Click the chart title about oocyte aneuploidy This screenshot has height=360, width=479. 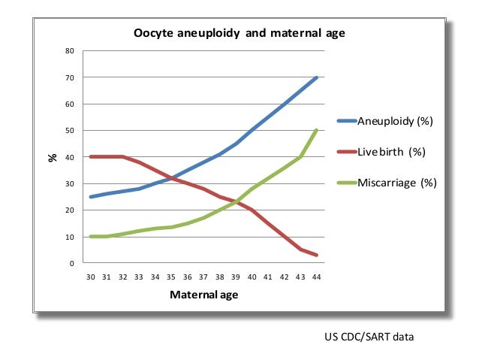tap(239, 33)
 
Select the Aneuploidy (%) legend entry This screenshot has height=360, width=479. tap(395, 121)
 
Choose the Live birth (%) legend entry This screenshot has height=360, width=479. tap(391, 152)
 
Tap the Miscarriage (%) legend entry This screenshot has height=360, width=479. tap(396, 183)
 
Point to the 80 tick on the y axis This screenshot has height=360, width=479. tap(69, 51)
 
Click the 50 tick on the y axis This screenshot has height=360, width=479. tap(69, 131)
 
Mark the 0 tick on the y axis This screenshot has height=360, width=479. tap(71, 264)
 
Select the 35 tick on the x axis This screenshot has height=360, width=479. tap(172, 277)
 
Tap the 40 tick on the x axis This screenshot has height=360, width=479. tap(252, 277)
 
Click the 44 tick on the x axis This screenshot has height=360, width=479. tap(317, 277)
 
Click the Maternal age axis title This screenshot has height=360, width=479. tap(204, 295)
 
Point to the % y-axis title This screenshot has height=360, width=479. tap(53, 158)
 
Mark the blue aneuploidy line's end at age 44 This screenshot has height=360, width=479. tap(317, 77)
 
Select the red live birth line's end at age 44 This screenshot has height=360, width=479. tap(317, 256)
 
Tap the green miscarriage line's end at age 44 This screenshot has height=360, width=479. tap(317, 131)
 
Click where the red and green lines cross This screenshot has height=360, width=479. tap(236, 201)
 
